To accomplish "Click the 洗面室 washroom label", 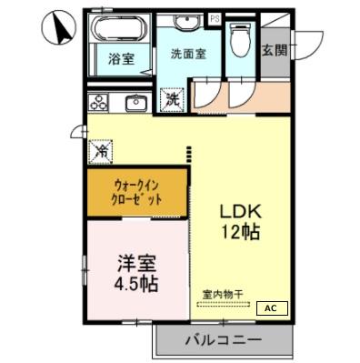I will tap(188, 54).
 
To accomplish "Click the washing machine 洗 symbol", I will tap(170, 98).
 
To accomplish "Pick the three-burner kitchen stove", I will tap(99, 101).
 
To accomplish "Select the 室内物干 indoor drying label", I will tap(223, 294).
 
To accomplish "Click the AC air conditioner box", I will tap(271, 308).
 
